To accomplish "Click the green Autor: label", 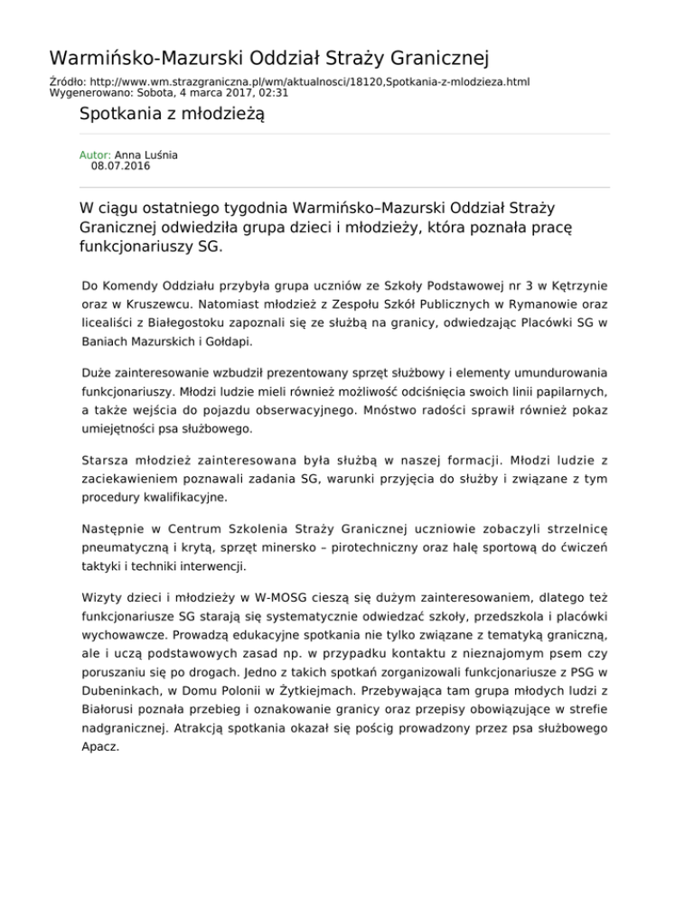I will (96, 155).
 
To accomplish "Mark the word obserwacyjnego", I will (291, 408).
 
